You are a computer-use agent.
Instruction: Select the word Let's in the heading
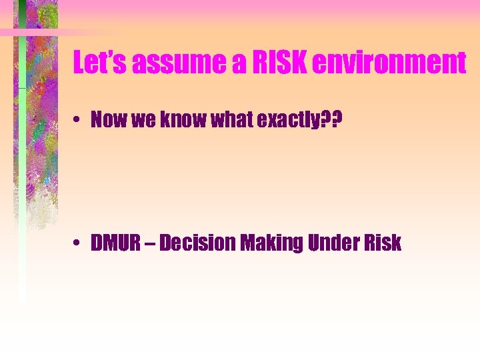101,63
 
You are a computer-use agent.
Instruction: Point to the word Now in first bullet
107,120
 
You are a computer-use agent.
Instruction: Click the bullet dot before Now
78,121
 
